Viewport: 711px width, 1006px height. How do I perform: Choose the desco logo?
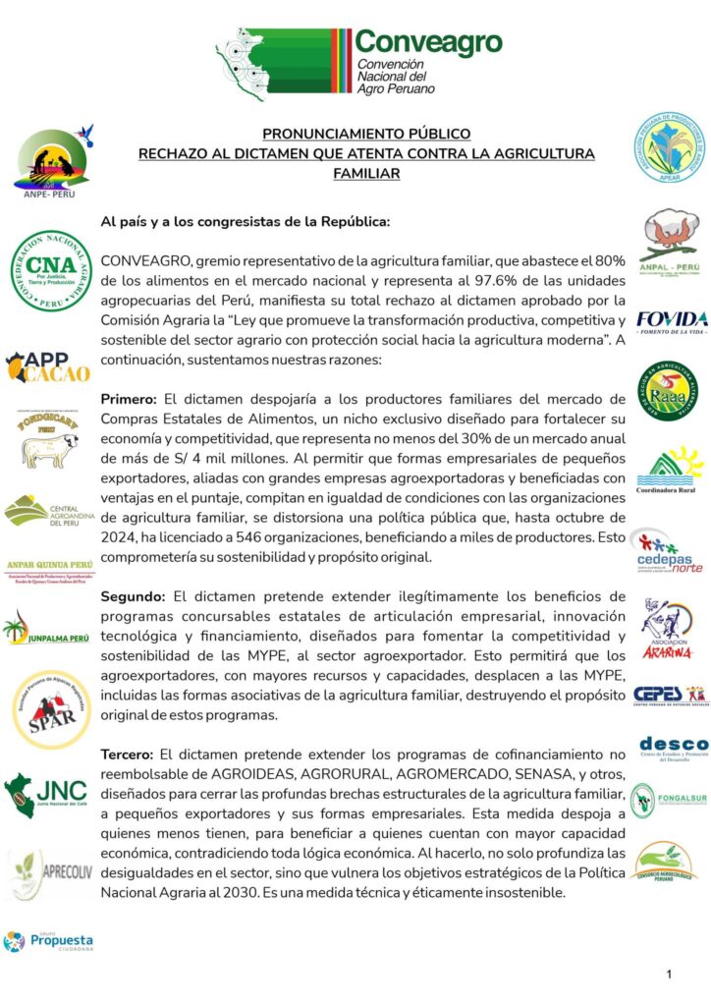[x=673, y=747]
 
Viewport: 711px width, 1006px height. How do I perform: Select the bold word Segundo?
[x=135, y=595]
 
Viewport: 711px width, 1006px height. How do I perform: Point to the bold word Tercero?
[x=133, y=754]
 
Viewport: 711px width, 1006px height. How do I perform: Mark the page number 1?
[x=668, y=974]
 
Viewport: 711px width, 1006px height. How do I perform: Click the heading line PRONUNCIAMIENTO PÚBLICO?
[x=366, y=134]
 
